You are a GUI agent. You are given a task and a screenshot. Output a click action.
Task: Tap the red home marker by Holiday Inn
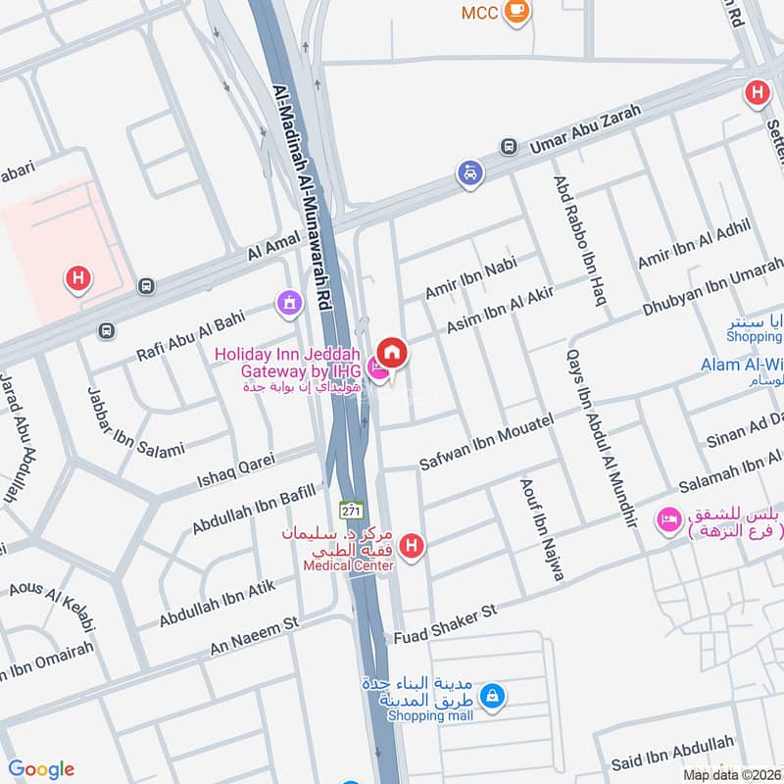(x=392, y=352)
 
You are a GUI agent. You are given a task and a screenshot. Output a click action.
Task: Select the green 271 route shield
(x=351, y=511)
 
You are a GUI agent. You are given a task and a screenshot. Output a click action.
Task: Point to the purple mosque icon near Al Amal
(x=289, y=304)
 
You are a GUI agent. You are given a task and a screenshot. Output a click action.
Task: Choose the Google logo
(x=41, y=769)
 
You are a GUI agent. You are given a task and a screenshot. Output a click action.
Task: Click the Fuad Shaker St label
(x=446, y=623)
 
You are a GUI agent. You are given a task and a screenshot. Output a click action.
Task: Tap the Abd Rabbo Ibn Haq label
(x=577, y=240)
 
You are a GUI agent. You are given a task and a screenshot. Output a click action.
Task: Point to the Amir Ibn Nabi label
(x=469, y=277)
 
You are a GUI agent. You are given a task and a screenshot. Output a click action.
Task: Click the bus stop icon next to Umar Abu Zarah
(x=509, y=147)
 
